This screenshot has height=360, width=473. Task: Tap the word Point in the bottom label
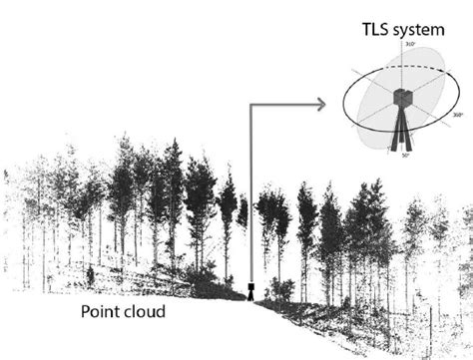104,312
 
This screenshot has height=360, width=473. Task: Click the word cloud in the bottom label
145,312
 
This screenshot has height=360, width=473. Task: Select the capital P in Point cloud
85,312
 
